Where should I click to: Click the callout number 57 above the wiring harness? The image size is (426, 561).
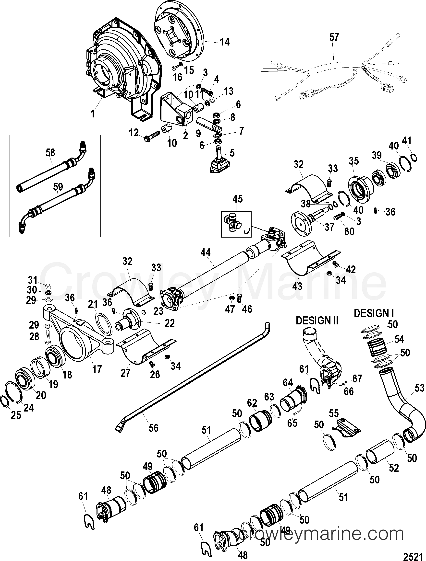click(334, 37)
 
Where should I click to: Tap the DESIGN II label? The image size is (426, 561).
click(317, 321)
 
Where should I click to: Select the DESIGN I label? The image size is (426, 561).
click(374, 313)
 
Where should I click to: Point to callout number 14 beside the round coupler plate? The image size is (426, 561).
click(224, 42)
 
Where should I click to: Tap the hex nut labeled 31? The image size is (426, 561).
click(48, 286)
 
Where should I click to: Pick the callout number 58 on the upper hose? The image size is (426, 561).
click(50, 153)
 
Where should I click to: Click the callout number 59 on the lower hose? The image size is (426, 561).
click(58, 187)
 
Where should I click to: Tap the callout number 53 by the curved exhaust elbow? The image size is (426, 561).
click(419, 388)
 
